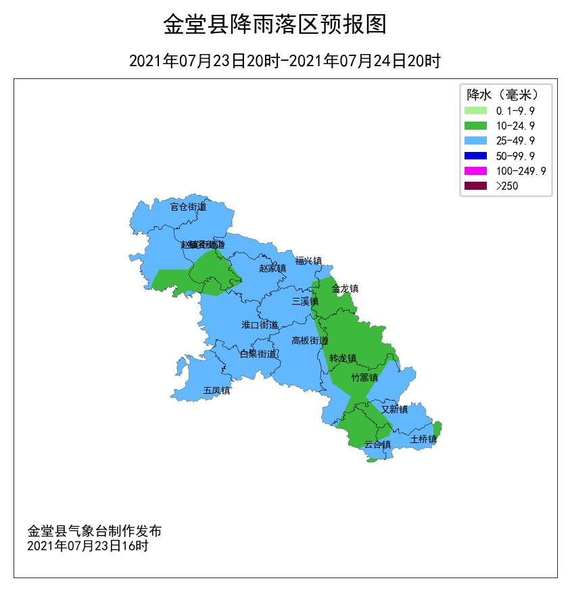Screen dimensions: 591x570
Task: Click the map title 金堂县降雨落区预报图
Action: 275,25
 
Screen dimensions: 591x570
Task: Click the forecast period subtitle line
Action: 285,61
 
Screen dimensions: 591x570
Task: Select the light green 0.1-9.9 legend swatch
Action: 475,110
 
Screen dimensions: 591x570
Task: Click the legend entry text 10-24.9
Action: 515,126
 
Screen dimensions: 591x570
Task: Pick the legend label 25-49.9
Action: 515,140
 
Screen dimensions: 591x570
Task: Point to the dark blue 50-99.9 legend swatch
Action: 475,156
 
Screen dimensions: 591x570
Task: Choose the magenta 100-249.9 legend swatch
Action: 475,171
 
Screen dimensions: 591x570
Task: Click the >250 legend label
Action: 507,186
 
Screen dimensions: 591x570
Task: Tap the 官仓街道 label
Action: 188,207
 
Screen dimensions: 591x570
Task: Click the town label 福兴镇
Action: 308,260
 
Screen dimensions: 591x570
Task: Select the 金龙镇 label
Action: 345,288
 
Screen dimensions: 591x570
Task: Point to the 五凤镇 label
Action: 216,390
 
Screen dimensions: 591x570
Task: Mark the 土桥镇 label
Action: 423,439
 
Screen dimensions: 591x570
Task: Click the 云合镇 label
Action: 377,444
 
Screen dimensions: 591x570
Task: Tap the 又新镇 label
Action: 394,409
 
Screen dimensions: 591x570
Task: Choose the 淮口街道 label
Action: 260,325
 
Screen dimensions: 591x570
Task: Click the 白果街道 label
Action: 258,353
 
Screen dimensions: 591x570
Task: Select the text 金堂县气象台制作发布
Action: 94,531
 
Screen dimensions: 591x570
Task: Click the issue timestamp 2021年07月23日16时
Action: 87,545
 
